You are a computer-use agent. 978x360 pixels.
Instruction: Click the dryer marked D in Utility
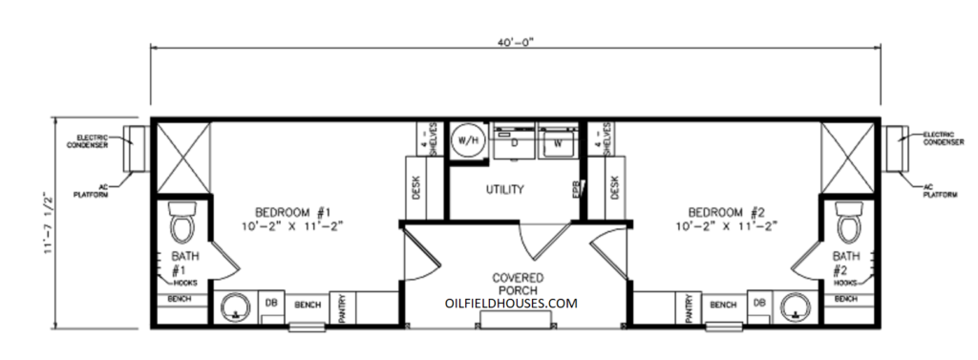[513, 143]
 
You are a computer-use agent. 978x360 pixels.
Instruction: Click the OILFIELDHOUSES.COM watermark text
[511, 303]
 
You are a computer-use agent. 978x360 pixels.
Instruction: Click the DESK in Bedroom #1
[415, 187]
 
